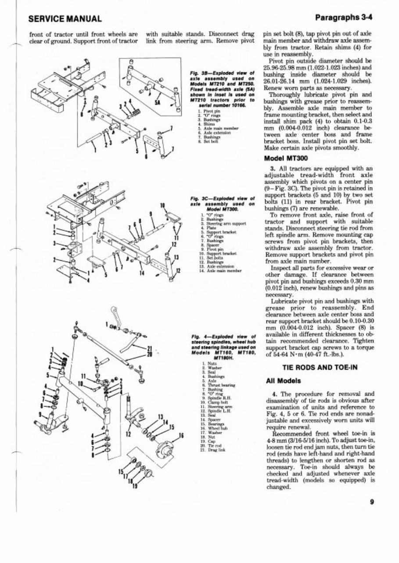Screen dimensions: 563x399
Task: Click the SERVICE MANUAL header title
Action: pos(65,19)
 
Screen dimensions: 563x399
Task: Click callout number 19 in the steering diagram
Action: pos(136,485)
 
